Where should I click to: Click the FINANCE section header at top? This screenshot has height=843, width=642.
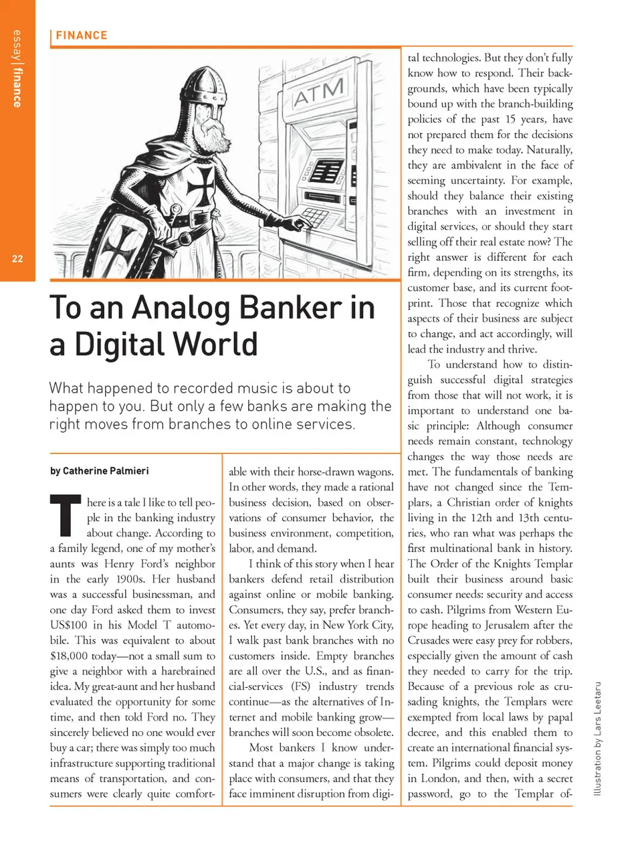[81, 35]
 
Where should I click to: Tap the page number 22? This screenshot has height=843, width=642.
[17, 259]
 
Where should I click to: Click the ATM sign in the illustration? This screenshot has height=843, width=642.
[319, 92]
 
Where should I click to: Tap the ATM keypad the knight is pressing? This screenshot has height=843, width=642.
[311, 217]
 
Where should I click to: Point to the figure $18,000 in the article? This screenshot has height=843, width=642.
[69, 656]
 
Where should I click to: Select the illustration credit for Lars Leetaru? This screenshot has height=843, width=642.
[597, 739]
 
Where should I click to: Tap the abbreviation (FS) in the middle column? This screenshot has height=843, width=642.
[300, 686]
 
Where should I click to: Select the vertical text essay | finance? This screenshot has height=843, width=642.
[17, 69]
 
